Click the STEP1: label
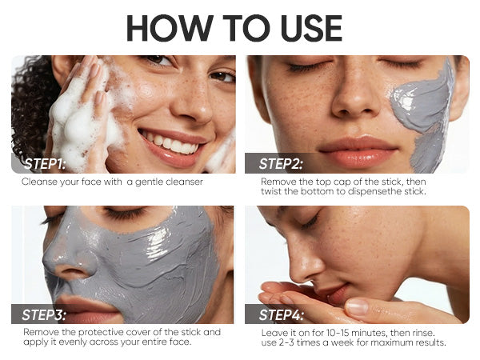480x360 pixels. (45, 164)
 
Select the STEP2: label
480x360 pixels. (281, 164)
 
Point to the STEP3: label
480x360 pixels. (44, 314)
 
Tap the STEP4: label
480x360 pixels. (282, 314)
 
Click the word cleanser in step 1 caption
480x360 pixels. (184, 182)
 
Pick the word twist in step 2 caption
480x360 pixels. (271, 191)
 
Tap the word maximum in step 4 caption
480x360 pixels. (390, 342)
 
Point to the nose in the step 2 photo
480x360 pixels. (356, 95)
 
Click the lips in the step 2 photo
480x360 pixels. (358, 151)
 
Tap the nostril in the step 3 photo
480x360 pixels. (70, 271)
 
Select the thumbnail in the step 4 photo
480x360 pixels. (357, 306)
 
